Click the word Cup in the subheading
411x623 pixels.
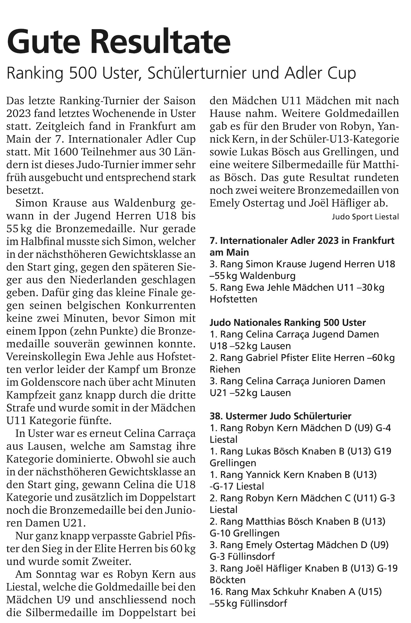pyautogui.click(x=341, y=73)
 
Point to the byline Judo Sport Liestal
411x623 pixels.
pyautogui.click(x=365, y=217)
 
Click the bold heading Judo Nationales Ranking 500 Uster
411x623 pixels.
pyautogui.click(x=288, y=322)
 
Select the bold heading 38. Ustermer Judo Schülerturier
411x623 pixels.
pyautogui.click(x=280, y=416)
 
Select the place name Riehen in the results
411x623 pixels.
pyautogui.click(x=225, y=369)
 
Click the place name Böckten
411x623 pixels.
pyautogui.click(x=228, y=580)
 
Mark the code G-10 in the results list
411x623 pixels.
pyautogui.click(x=220, y=533)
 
